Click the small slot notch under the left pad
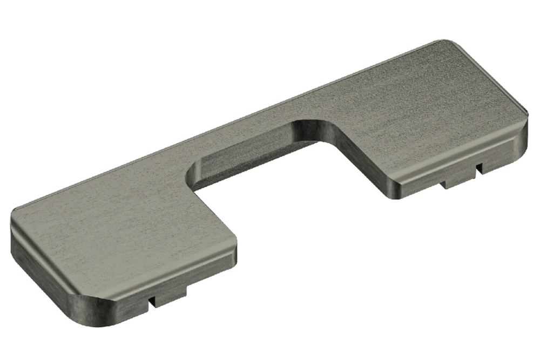click(x=152, y=300)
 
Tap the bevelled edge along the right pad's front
click(x=464, y=154)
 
